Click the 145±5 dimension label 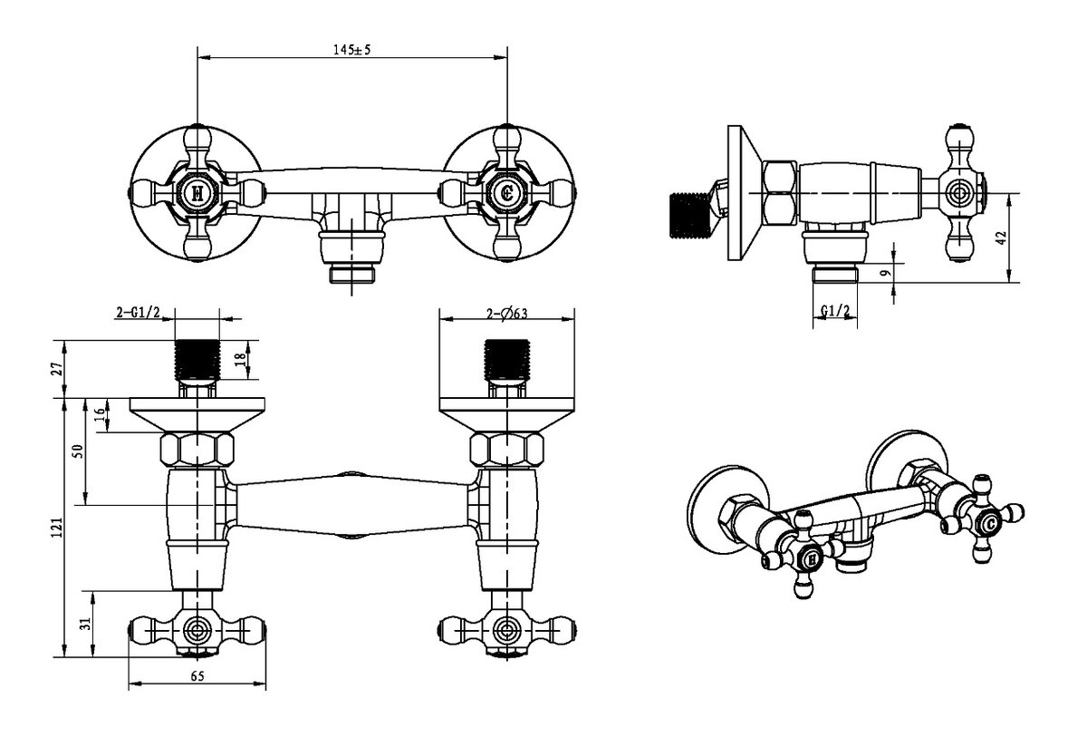click(x=351, y=50)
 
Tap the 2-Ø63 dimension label click(x=506, y=314)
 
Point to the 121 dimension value click(x=57, y=525)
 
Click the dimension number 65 click(x=198, y=674)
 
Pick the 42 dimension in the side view click(x=999, y=238)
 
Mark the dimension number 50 click(x=78, y=450)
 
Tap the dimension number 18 click(x=239, y=359)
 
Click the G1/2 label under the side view click(x=834, y=311)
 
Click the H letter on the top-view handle click(x=197, y=192)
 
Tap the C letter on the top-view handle click(x=507, y=192)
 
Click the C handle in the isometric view click(x=989, y=525)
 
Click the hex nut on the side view click(x=780, y=191)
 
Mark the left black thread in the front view click(x=197, y=362)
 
